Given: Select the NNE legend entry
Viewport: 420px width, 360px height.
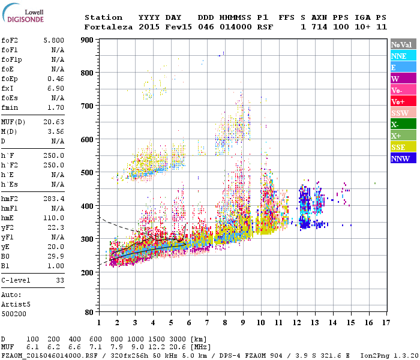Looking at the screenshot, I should pos(403,56).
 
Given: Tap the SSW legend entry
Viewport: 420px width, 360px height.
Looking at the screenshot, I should pos(403,113).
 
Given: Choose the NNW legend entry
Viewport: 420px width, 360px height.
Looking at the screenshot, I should pos(403,159).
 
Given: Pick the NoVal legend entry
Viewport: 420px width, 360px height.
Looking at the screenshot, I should pos(403,44).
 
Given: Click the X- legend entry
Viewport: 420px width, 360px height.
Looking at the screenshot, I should pos(403,124).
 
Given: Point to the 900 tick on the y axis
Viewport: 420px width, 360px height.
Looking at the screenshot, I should pos(88,40).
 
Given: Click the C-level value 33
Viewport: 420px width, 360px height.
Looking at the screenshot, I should pos(59,280).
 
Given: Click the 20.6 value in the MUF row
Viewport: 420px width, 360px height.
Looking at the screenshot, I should pos(178,347).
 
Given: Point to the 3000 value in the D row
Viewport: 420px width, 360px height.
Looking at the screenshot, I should pos(178,339).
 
